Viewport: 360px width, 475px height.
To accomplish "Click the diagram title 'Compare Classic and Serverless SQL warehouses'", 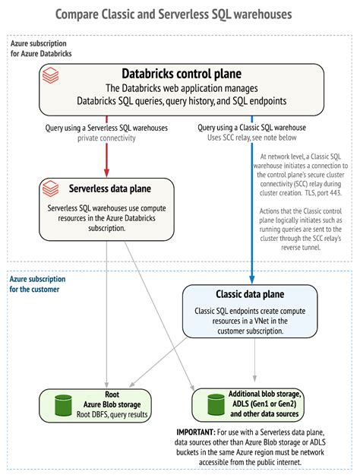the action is pos(173,14).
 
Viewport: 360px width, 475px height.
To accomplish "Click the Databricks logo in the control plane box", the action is pos(50,76).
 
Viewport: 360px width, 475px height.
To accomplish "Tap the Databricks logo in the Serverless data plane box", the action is pos(50,188).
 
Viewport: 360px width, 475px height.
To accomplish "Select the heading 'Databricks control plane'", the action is pos(182,74).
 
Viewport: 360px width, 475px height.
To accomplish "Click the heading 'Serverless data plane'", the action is pos(110,188).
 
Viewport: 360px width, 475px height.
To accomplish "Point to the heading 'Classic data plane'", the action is pos(250,294).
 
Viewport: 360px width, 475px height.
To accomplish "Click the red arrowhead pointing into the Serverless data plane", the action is pos(106,173).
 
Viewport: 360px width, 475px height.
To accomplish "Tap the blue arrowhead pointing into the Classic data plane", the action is pos(252,280).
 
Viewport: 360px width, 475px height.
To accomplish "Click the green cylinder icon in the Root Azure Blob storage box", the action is pos(63,405).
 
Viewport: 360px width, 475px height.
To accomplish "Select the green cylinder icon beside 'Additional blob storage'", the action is pos(216,404).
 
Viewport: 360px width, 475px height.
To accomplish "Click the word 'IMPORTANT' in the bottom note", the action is pos(196,432).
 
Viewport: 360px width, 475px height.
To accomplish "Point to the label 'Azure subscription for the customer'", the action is pos(37,284).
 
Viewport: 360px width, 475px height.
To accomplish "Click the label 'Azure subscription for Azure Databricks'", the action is pos(41,49).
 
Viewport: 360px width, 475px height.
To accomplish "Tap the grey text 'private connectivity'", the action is pos(106,138).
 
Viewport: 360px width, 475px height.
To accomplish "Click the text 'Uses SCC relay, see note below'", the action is pos(252,138).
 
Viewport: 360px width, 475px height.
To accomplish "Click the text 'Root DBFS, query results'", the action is pos(112,414).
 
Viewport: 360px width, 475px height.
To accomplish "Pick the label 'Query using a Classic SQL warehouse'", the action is pos(252,128).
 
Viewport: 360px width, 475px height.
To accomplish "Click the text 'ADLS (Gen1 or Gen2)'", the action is pos(264,404).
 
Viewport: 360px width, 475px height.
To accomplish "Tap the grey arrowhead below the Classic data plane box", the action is pos(254,378).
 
